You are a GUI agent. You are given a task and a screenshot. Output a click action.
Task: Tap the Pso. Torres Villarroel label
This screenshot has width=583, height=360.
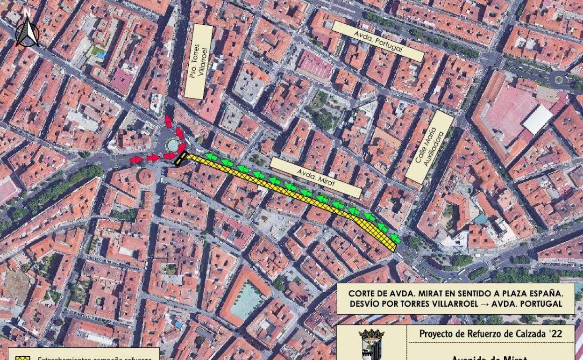(199, 62)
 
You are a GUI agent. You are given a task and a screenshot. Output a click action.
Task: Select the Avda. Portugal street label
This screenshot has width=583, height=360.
(378, 41)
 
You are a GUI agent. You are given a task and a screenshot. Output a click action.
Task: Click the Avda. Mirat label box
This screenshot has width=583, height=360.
(316, 177)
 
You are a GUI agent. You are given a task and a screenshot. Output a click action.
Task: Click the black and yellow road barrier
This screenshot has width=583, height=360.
(180, 158)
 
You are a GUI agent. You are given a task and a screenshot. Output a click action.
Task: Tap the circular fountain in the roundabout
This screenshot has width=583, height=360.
(173, 144)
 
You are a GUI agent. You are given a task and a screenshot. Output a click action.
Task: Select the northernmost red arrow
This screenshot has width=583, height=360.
(168, 122)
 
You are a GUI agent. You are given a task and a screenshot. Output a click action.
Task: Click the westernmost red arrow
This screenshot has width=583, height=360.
(136, 160)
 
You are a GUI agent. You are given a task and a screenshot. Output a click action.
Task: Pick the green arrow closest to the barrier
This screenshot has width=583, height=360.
(211, 157)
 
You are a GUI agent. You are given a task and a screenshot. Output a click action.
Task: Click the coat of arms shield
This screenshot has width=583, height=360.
(371, 345)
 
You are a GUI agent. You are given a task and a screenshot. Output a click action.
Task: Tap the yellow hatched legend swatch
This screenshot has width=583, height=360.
(22, 358)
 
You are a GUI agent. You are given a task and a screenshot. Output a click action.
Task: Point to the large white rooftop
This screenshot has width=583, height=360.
(537, 119)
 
